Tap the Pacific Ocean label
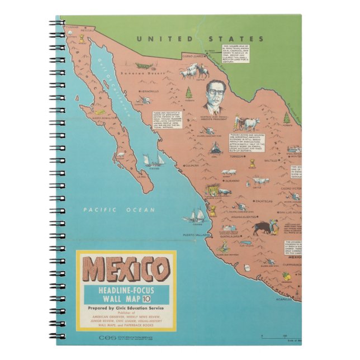(118, 210)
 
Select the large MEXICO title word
(126, 270)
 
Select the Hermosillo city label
(150, 91)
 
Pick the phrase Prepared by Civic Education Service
(126, 307)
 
